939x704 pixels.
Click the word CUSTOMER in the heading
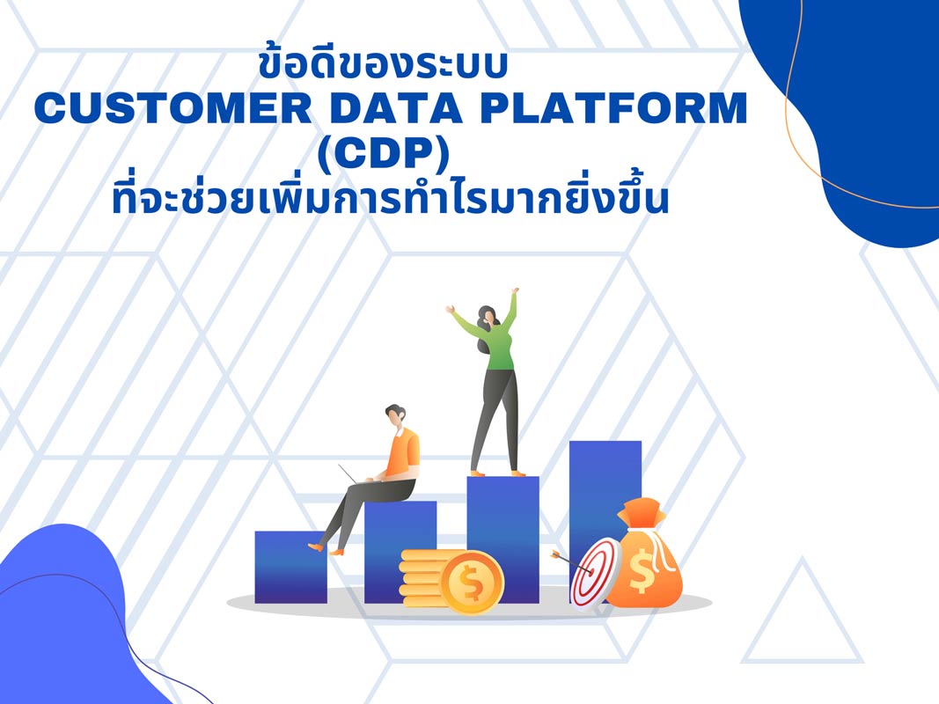(x=162, y=109)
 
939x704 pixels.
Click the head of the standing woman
(x=488, y=317)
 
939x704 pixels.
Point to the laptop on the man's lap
(x=354, y=476)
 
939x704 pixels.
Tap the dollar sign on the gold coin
(x=472, y=582)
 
